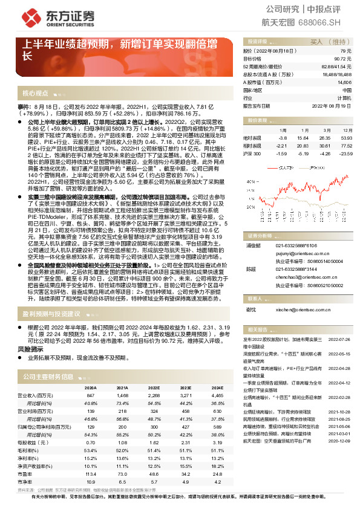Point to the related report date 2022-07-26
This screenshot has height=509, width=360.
339,340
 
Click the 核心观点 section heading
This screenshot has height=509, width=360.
35,94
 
